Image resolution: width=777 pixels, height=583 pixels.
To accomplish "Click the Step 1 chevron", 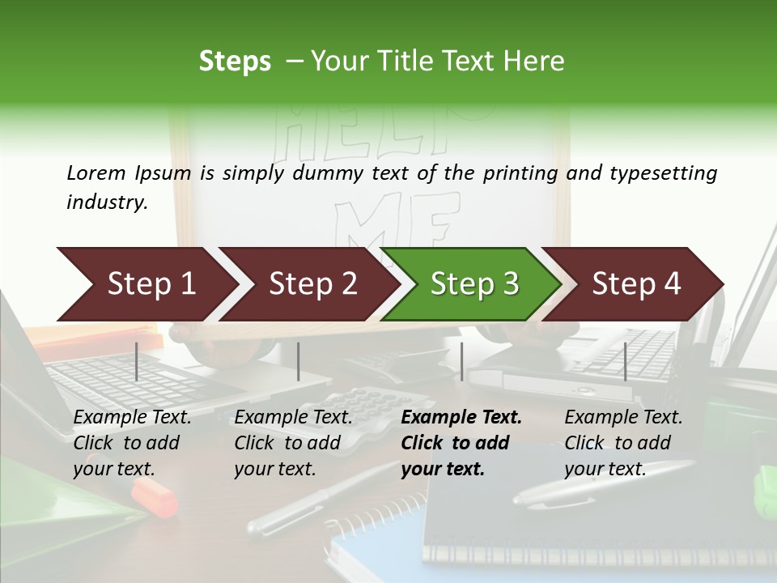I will pyautogui.click(x=146, y=284).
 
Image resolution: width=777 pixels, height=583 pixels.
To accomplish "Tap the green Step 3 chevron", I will pyautogui.click(x=473, y=284).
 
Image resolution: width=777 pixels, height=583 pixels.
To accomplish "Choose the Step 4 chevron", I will pyautogui.click(x=636, y=284).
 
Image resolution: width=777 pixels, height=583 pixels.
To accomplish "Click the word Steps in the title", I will pyautogui.click(x=235, y=62).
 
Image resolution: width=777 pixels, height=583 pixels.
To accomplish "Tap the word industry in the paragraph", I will pyautogui.click(x=105, y=202).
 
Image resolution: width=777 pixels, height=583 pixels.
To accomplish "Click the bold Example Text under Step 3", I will pyautogui.click(x=461, y=418).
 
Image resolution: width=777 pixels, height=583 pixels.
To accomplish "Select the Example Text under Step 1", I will pyautogui.click(x=132, y=418).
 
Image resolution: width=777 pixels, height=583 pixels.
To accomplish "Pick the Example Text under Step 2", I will pyautogui.click(x=293, y=418).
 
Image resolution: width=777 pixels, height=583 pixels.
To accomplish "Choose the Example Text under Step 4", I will pyautogui.click(x=623, y=418).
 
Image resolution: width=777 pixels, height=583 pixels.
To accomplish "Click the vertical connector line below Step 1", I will pyautogui.click(x=137, y=362).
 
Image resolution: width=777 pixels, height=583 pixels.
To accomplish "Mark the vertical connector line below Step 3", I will pyautogui.click(x=461, y=362).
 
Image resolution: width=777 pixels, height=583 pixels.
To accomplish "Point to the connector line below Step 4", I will pyautogui.click(x=625, y=362).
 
